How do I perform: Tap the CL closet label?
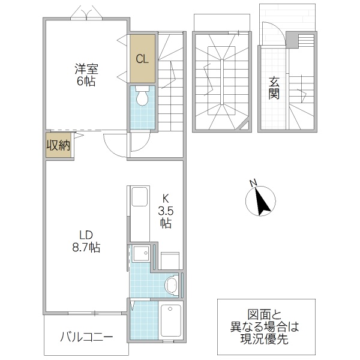[142, 59]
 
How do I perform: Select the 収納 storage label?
[59, 145]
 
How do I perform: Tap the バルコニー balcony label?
[85, 337]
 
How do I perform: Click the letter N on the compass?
[253, 183]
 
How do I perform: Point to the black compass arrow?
[263, 202]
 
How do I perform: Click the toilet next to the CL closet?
[142, 97]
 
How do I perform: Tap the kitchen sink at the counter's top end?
[139, 197]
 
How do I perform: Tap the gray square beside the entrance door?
[292, 40]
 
